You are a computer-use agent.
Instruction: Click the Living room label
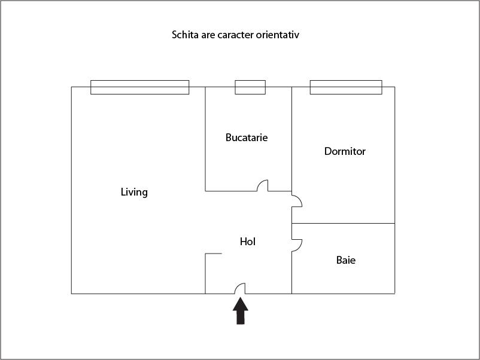point(134,192)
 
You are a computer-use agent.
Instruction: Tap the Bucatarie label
point(247,138)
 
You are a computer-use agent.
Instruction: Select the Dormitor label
point(345,151)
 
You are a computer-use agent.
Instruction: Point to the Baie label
point(346,260)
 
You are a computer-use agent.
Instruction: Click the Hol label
point(248,242)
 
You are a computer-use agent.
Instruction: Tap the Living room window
point(139,87)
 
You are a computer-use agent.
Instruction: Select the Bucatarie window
point(250,87)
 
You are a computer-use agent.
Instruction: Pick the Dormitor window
point(346,87)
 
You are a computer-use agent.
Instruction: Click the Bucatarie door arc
point(262,185)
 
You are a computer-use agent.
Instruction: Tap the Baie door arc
point(297,244)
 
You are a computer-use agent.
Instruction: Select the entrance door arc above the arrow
point(240,288)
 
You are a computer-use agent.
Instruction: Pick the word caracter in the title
point(234,35)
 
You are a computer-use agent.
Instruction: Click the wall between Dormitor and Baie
point(343,224)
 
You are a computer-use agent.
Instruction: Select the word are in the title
point(206,35)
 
